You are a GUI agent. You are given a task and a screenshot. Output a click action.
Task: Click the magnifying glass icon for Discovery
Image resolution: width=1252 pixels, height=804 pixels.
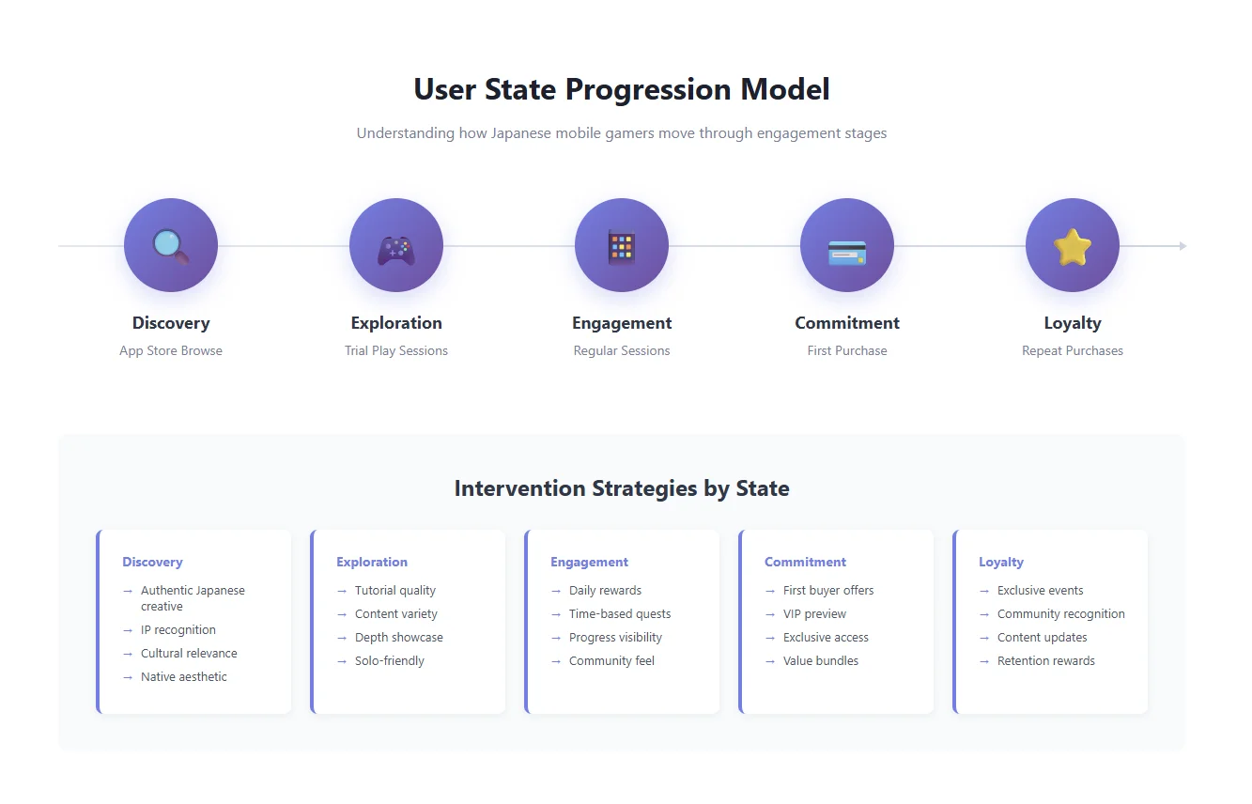pyautogui.click(x=171, y=246)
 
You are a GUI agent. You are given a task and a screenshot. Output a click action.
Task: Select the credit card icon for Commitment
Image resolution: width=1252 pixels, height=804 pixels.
pyautogui.click(x=847, y=252)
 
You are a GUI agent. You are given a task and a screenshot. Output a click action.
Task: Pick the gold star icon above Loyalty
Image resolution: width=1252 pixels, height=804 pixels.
pyautogui.click(x=1073, y=247)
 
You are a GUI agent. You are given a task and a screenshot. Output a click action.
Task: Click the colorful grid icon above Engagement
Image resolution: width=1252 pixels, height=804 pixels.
pyautogui.click(x=622, y=246)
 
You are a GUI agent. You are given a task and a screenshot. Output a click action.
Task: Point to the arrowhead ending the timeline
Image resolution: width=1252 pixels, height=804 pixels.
pyautogui.click(x=1182, y=246)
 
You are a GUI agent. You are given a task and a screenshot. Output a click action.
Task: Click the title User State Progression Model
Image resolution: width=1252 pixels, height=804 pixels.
pyautogui.click(x=622, y=90)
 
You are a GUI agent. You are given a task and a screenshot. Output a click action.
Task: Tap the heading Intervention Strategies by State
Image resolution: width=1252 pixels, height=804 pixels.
pyautogui.click(x=622, y=488)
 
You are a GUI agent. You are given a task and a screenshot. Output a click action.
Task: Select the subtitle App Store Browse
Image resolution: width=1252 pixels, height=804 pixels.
pyautogui.click(x=171, y=351)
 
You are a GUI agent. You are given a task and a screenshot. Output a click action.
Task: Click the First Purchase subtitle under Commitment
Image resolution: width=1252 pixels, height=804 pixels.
pyautogui.click(x=847, y=351)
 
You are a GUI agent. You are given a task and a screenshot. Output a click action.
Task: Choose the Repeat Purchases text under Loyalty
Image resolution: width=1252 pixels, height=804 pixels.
pyautogui.click(x=1073, y=351)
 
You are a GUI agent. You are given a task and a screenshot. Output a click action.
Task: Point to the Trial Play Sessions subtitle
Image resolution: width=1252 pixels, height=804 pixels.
pyautogui.click(x=396, y=351)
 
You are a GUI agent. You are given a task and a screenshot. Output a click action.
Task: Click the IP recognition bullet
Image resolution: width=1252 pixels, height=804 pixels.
pyautogui.click(x=178, y=630)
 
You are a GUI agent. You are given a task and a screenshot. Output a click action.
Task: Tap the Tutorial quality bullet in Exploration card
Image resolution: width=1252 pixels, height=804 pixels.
pyautogui.click(x=395, y=591)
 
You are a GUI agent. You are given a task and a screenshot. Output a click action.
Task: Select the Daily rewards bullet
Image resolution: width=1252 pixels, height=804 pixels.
pyautogui.click(x=605, y=591)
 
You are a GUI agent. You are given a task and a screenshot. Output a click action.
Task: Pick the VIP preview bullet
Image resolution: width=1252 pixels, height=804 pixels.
pyautogui.click(x=814, y=614)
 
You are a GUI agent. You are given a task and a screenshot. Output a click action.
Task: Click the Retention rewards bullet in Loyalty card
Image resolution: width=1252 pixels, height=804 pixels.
pyautogui.click(x=1045, y=661)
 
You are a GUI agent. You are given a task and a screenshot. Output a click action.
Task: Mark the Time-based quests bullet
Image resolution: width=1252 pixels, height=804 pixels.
pyautogui.click(x=620, y=614)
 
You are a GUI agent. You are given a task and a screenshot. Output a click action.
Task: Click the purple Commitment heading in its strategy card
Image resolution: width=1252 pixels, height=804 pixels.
pyautogui.click(x=805, y=563)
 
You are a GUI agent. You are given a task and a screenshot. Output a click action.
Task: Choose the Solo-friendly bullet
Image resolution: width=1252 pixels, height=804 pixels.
pyautogui.click(x=390, y=661)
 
